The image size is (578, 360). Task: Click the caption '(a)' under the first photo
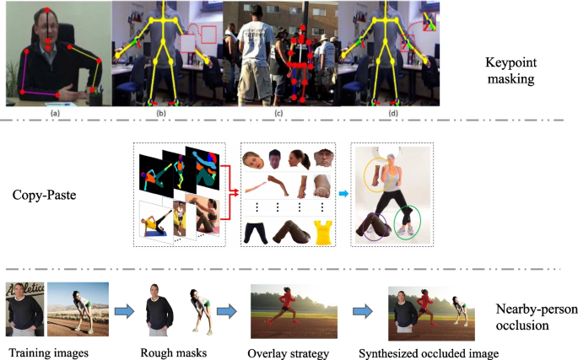coord(56,112)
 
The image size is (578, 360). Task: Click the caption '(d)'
coord(394,112)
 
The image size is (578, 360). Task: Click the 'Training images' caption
coord(48,351)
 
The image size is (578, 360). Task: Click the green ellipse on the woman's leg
coord(408,221)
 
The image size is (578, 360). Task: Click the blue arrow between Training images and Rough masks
coord(123,310)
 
